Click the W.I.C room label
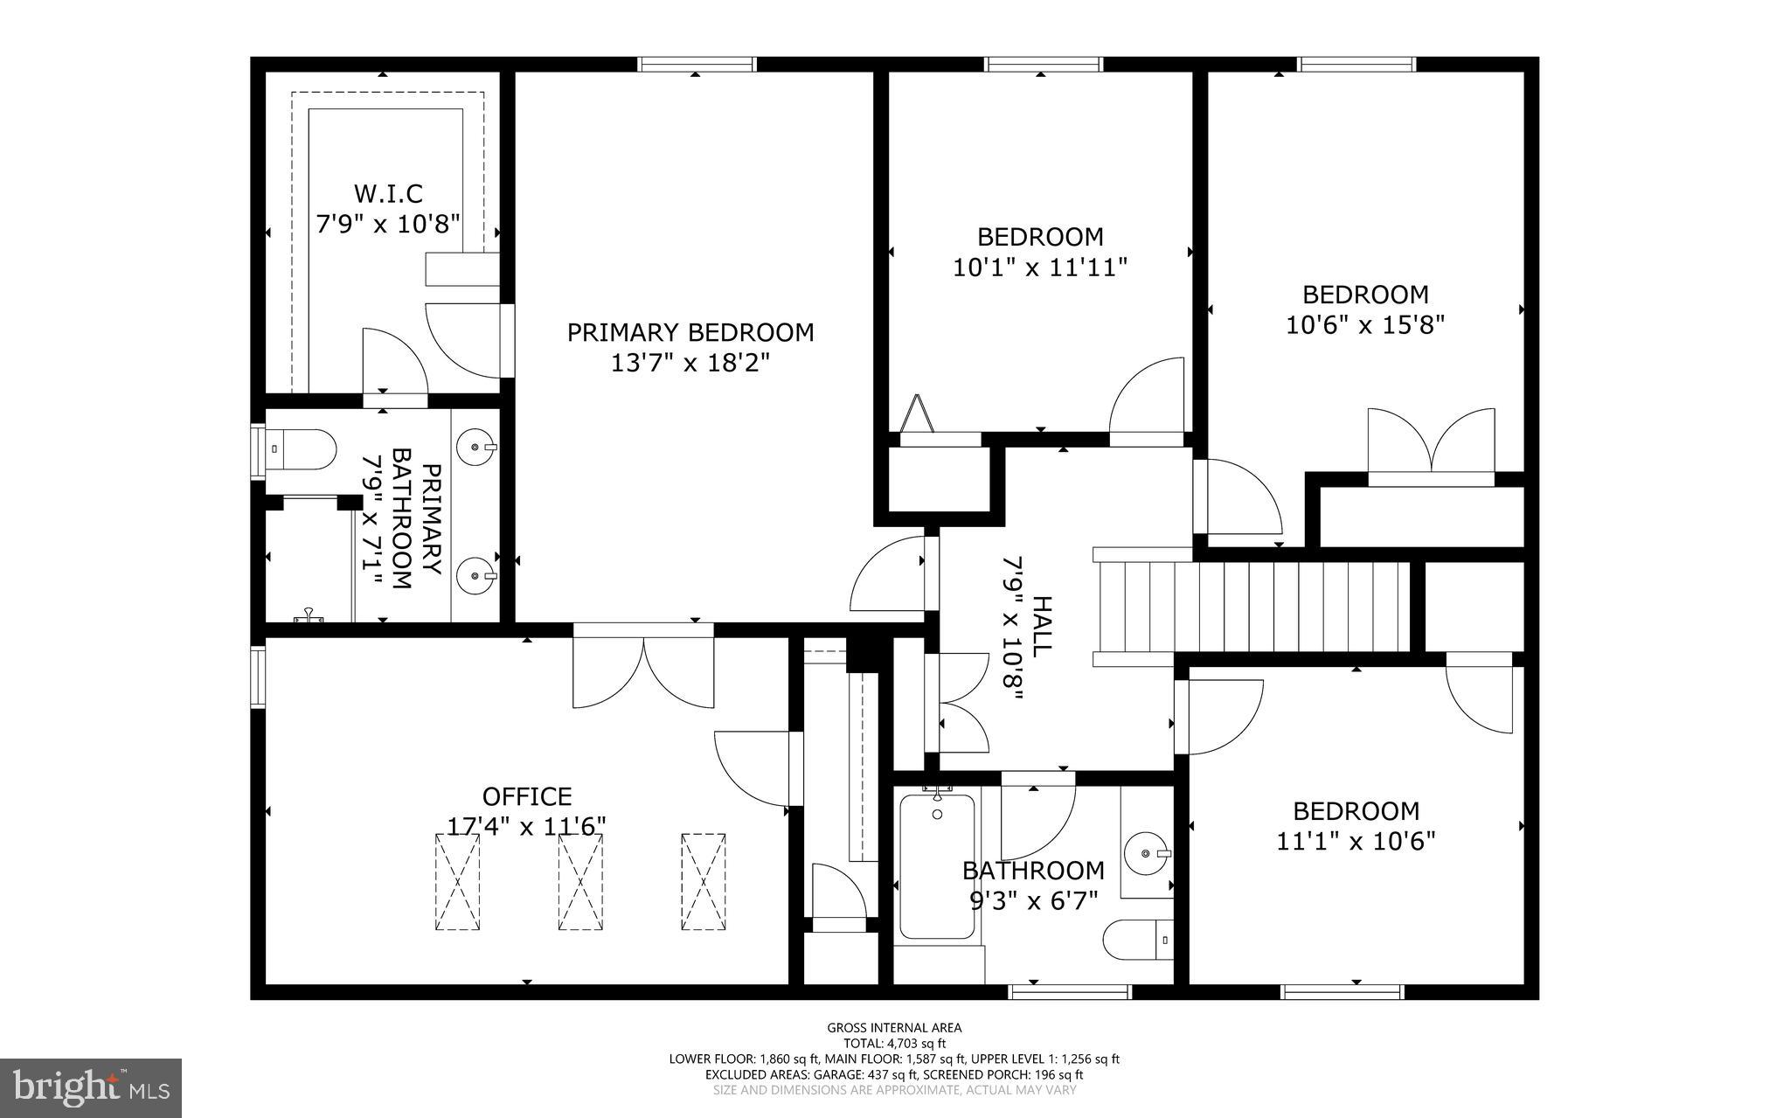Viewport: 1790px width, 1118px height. (387, 193)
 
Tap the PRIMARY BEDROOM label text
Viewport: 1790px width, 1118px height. (690, 332)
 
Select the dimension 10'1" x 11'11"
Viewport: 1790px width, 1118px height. (1039, 267)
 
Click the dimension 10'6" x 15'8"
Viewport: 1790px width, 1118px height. (1364, 324)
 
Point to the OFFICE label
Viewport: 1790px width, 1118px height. (527, 796)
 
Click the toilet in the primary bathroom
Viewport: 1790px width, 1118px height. (302, 449)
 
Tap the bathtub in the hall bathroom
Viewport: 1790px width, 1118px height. (937, 865)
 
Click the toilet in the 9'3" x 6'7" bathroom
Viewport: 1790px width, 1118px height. (1137, 941)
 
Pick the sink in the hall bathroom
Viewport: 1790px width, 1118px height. (1146, 852)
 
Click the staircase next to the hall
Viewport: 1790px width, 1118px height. (1250, 607)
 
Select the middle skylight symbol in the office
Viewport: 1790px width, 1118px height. (580, 882)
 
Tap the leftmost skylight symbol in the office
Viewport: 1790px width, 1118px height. (457, 882)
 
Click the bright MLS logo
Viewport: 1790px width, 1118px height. (91, 1087)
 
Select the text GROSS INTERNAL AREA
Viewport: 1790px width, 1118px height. (894, 1028)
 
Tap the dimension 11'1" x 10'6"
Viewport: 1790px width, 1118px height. (1356, 841)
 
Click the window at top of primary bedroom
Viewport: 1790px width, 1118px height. (696, 64)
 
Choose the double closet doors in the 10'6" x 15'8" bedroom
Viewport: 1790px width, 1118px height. (1431, 446)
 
